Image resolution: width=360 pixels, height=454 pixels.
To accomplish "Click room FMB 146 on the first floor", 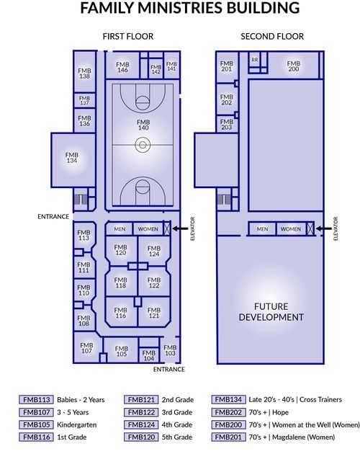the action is point(122,66).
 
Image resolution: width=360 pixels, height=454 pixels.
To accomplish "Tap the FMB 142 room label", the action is point(156,69).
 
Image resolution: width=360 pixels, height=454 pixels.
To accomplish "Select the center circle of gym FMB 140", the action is point(143,144).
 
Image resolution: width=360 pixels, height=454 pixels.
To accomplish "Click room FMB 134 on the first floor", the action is point(73,160).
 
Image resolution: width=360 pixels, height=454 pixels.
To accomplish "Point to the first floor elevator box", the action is point(167,228).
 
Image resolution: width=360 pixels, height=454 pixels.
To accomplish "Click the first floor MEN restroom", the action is point(120,228).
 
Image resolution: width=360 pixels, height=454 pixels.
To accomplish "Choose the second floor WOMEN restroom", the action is point(291,228).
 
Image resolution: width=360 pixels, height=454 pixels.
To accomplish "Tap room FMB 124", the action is point(153,251).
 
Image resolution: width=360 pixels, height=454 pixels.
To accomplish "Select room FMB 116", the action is point(120,312).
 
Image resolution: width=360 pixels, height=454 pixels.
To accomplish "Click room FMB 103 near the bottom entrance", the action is point(170,350).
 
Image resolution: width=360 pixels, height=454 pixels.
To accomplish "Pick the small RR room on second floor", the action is point(255,60).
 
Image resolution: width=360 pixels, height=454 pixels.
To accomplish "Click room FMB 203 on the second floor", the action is point(226,124).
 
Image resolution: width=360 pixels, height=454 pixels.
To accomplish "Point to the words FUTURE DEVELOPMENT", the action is point(271,312).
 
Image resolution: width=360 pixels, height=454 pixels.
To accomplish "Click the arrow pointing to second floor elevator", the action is point(324,228).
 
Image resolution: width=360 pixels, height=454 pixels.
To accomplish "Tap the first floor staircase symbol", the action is point(81,199).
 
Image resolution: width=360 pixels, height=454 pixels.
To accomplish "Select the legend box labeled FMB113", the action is point(37,399).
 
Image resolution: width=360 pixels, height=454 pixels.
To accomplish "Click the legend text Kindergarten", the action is point(77,424).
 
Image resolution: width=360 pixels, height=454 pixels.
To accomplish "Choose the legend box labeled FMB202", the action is point(229,412).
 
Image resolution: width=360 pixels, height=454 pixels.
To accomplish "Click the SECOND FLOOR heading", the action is point(272,37).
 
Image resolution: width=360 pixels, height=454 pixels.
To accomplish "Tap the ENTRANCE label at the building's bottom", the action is point(169,369).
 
